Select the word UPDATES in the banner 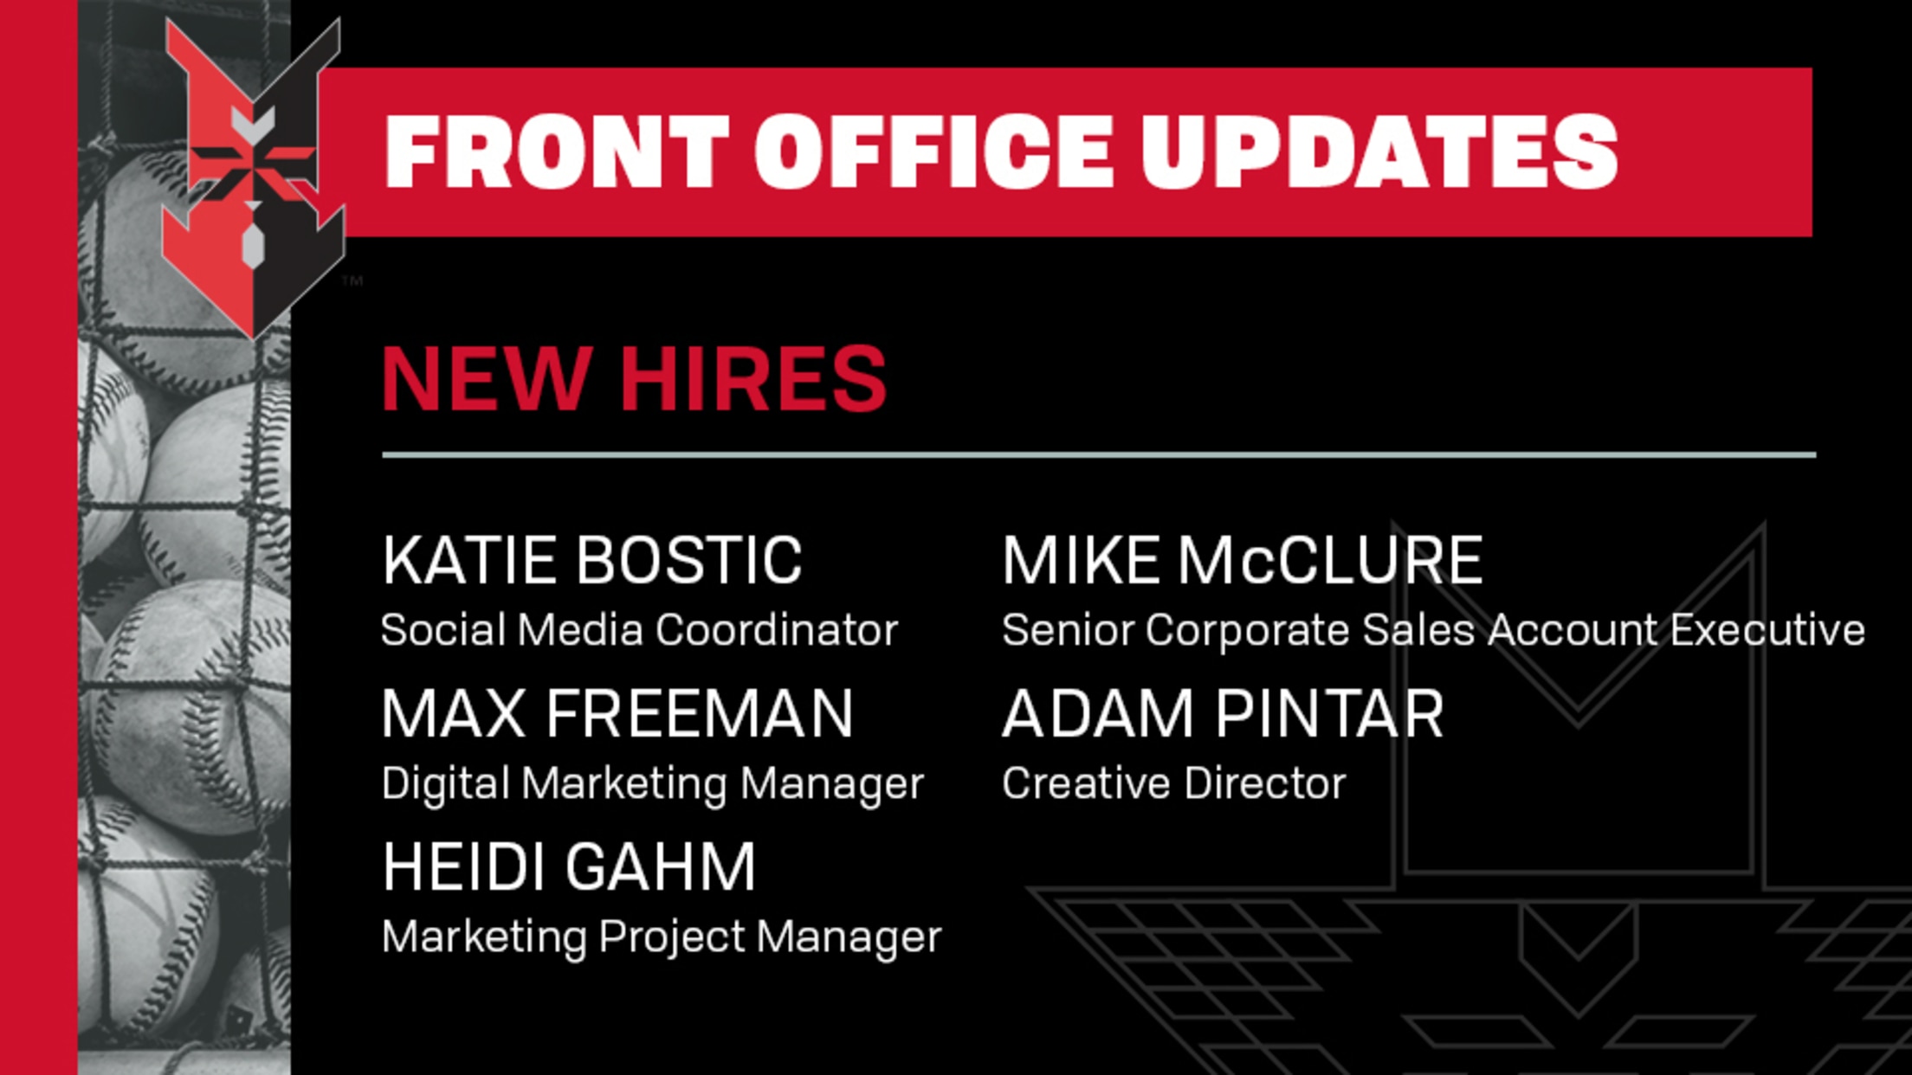[x=1379, y=151]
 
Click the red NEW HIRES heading [x=634, y=378]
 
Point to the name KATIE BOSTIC [x=592, y=560]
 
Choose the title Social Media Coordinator [x=639, y=629]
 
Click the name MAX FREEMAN [x=617, y=713]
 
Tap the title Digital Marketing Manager [x=653, y=784]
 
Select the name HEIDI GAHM [x=569, y=866]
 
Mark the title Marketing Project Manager [x=662, y=937]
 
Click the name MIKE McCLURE [x=1242, y=560]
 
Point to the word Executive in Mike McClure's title [x=1767, y=629]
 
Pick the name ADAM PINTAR [x=1223, y=713]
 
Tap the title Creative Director [x=1173, y=783]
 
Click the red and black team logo [x=253, y=177]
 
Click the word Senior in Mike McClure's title [x=1068, y=629]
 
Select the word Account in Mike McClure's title [x=1573, y=629]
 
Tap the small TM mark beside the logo [x=352, y=280]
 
